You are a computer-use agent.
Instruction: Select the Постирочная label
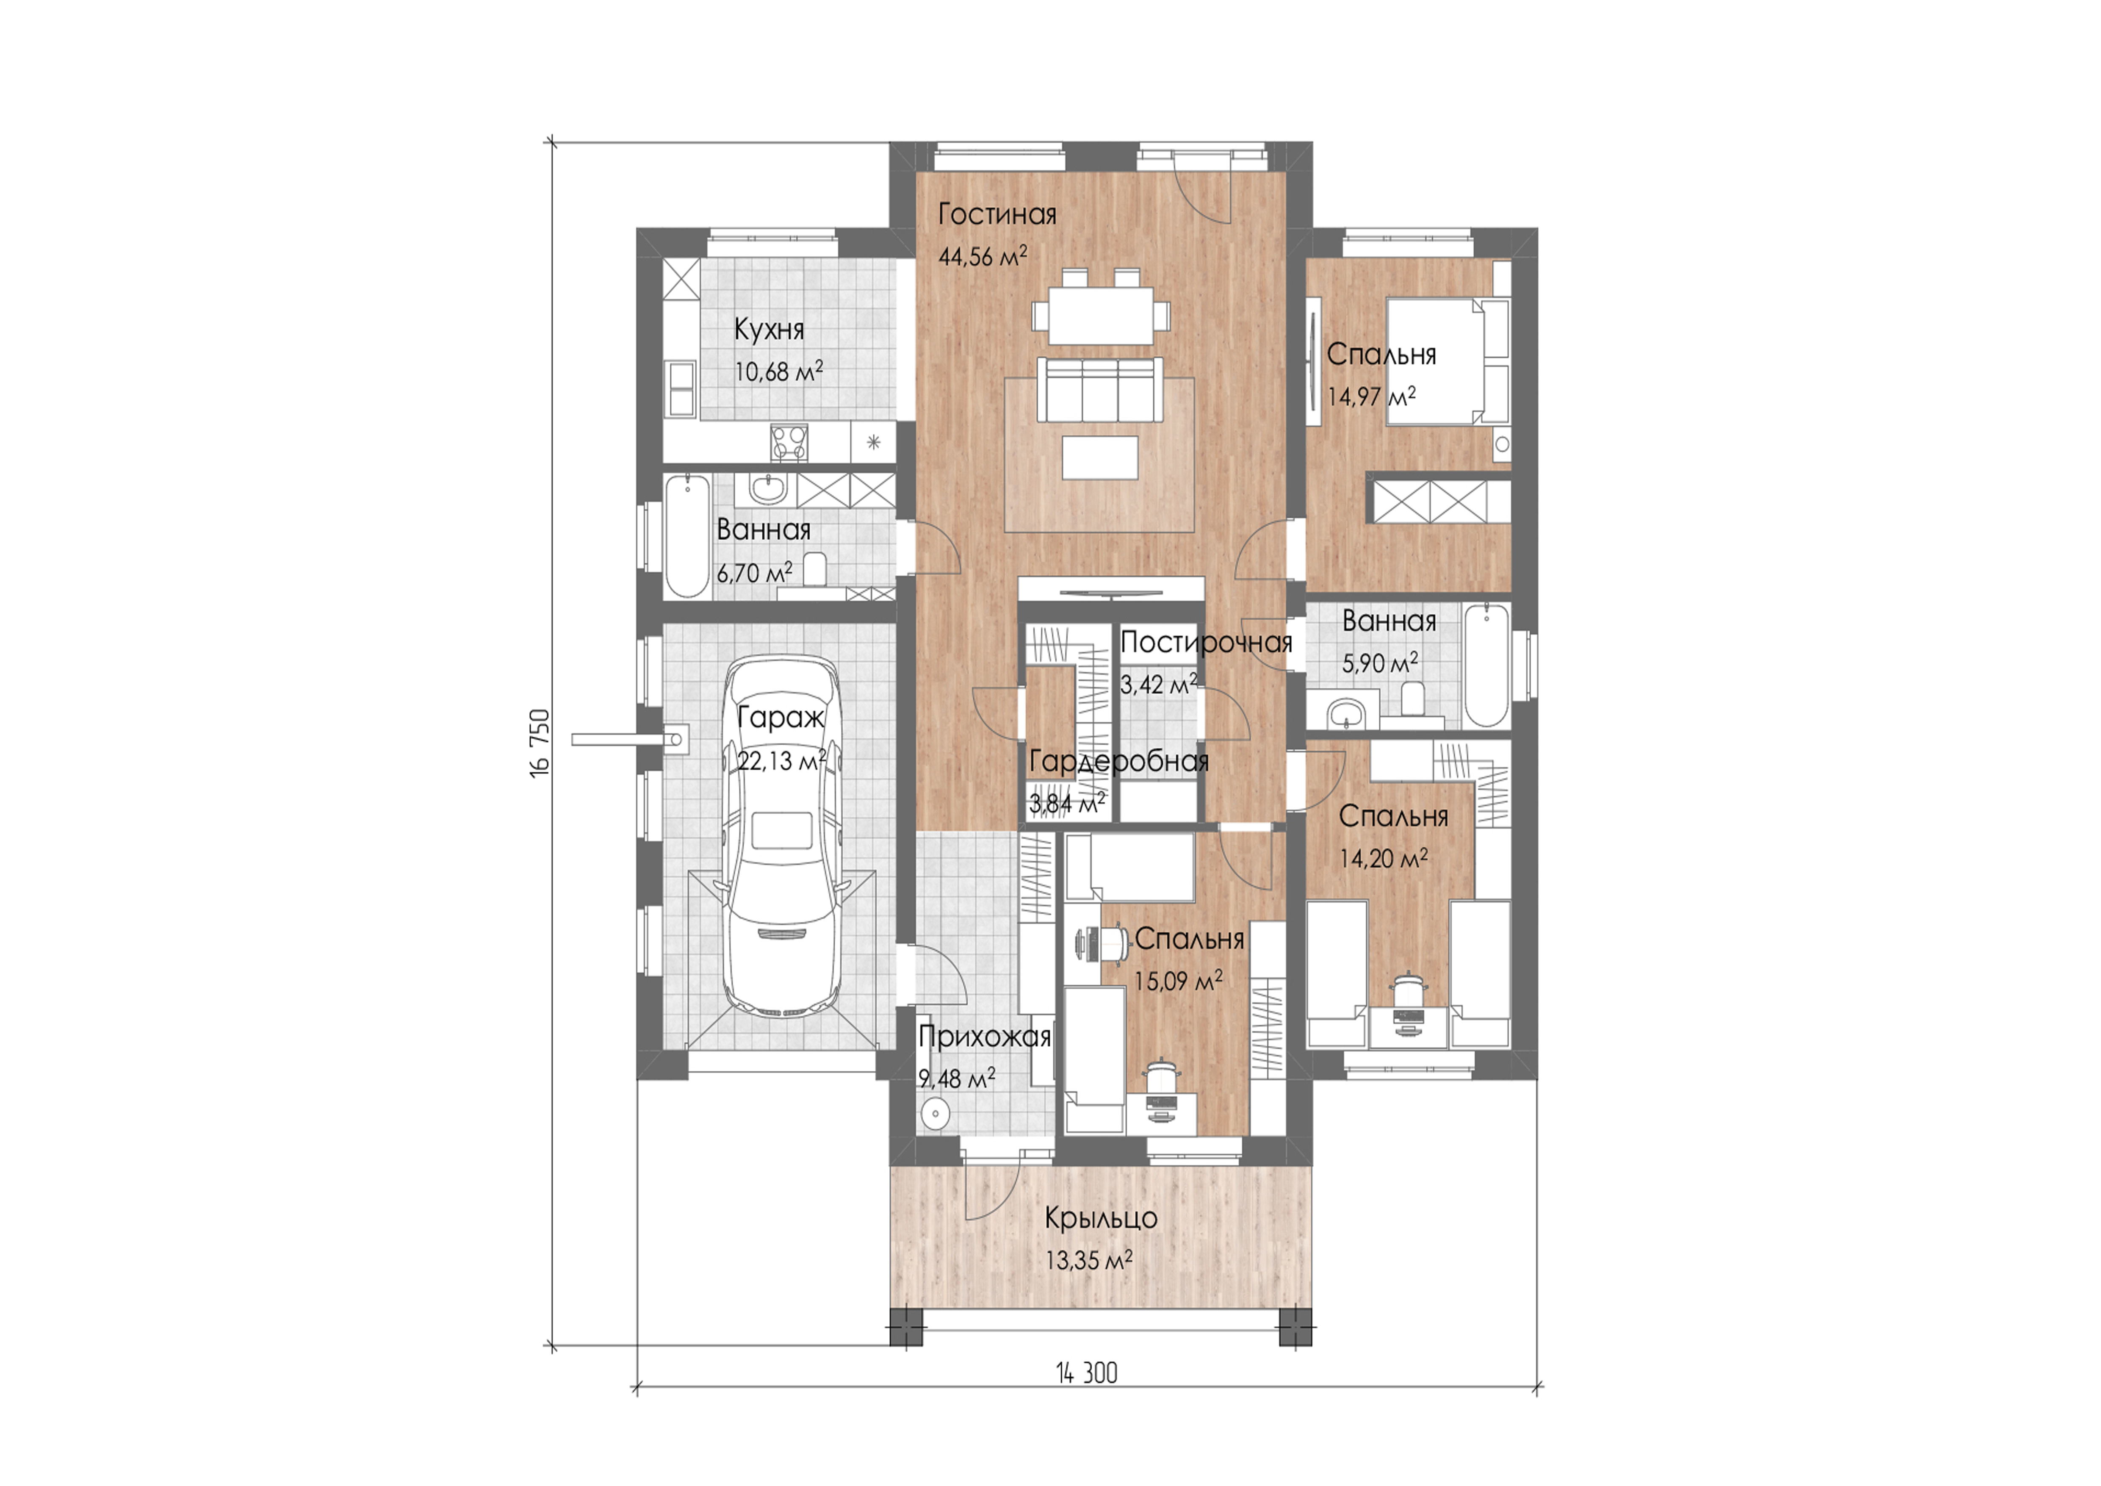pyautogui.click(x=1206, y=642)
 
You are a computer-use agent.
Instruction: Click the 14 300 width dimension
pyautogui.click(x=1087, y=1372)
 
